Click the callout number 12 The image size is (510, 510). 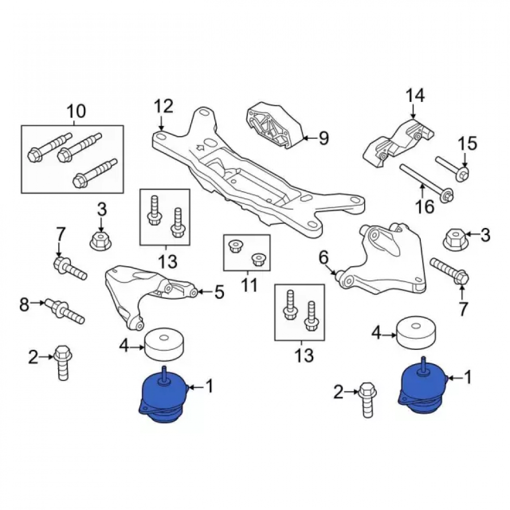coord(164,107)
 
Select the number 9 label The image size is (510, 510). coord(324,138)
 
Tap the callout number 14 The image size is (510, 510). coord(415,96)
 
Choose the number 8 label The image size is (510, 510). coord(24,305)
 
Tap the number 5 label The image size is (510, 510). coord(219,292)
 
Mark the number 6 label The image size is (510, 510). coord(324,258)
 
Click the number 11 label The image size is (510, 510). coord(250,285)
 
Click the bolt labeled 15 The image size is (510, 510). coord(452,168)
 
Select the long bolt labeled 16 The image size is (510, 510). coord(427,183)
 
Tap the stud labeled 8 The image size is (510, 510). coord(64,311)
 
